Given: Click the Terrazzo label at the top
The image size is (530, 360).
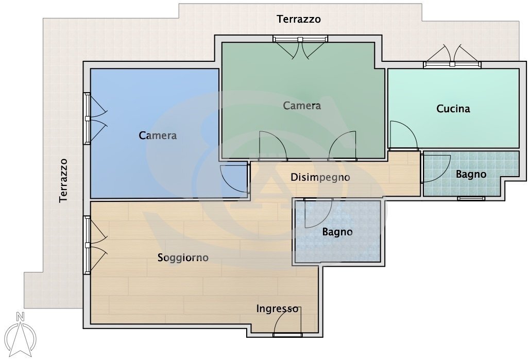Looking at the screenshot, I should pyautogui.click(x=299, y=20).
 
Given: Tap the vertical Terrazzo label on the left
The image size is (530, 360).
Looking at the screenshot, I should pyautogui.click(x=63, y=180).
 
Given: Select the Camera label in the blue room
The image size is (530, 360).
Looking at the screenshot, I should pyautogui.click(x=158, y=135).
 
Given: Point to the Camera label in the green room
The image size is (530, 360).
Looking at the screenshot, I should pyautogui.click(x=302, y=106).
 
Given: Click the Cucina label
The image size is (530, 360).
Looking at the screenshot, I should pyautogui.click(x=453, y=109).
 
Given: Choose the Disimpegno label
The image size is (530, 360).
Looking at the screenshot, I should pyautogui.click(x=320, y=177).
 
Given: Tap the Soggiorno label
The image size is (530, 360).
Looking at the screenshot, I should pyautogui.click(x=183, y=258).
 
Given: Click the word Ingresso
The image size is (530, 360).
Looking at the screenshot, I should pyautogui.click(x=277, y=309).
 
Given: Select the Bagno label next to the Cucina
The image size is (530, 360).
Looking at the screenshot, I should pyautogui.click(x=471, y=174).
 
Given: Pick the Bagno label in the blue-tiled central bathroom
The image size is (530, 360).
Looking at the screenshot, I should pyautogui.click(x=337, y=232).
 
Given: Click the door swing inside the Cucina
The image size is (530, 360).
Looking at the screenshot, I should pyautogui.click(x=402, y=135).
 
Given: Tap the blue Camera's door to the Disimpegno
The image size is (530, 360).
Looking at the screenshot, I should pyautogui.click(x=234, y=179).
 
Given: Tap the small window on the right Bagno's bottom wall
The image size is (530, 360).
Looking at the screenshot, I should pyautogui.click(x=471, y=198).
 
